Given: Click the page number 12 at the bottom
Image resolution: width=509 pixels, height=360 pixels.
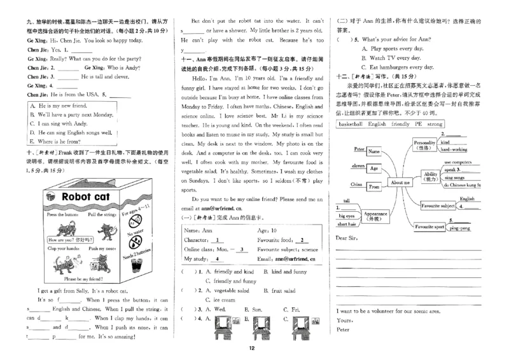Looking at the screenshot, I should point(252,347).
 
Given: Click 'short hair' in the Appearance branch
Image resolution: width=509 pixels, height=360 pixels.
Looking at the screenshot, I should point(347,224).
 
